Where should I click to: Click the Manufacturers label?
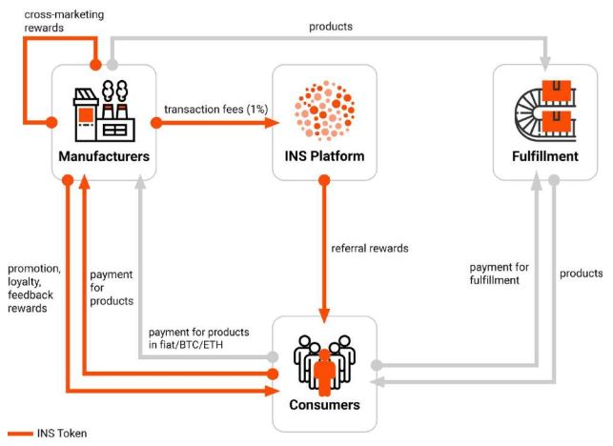coord(104,156)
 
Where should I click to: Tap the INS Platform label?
coord(324,156)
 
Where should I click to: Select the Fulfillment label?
coord(545,156)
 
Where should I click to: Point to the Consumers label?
coord(324,405)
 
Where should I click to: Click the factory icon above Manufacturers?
coord(104,111)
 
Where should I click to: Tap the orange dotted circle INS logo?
coord(324,111)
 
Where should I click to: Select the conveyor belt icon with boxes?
coord(545,111)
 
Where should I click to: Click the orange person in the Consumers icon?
coord(324,372)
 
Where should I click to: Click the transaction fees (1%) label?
coord(215,109)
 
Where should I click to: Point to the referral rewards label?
coord(370,248)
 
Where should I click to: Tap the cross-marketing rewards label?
coord(64,21)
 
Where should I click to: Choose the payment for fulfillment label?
coord(500,274)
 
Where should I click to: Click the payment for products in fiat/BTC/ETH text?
coord(198,338)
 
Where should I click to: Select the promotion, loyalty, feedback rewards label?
coord(34,288)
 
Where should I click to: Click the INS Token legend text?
coord(62,433)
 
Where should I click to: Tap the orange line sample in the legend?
coord(20,433)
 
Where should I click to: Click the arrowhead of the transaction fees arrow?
coord(273,123)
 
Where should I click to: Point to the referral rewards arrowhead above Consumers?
coord(324,315)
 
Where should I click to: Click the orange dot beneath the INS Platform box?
coord(324,180)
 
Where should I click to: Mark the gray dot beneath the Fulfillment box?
coord(554,180)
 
